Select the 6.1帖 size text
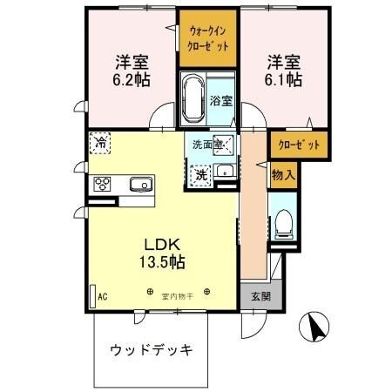point(284,79)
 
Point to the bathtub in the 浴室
point(193,101)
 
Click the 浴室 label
point(221,100)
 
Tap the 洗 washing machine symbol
point(200,173)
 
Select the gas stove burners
point(103,184)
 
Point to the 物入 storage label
point(283,174)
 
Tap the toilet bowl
point(283,226)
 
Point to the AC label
point(103,296)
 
